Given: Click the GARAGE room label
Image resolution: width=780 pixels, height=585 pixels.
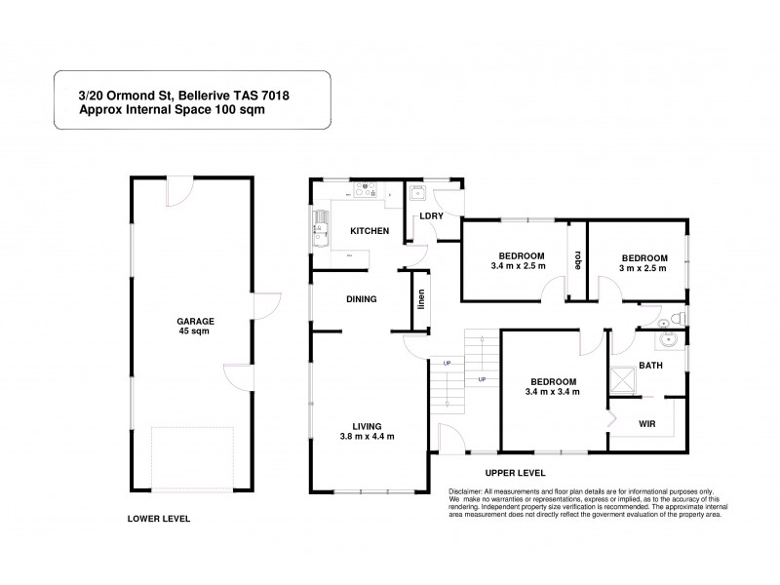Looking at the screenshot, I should tap(195, 321).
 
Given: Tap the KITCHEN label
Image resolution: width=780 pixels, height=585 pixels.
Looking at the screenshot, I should tap(370, 231).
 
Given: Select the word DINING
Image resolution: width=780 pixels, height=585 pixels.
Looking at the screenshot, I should tap(361, 299).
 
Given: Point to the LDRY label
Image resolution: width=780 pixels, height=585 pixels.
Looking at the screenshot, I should tap(431, 215).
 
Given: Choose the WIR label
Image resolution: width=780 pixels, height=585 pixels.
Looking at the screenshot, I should tap(646, 424).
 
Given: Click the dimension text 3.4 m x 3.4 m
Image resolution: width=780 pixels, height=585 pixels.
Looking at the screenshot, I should tap(552, 392).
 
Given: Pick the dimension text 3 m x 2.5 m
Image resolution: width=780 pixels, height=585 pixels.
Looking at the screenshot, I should tap(643, 269).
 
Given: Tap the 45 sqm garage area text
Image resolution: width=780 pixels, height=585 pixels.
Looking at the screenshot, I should tap(195, 331).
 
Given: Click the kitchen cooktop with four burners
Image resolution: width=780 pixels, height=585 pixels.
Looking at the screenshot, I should tap(365, 192).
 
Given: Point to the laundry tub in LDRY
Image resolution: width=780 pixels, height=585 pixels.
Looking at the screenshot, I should tap(416, 192).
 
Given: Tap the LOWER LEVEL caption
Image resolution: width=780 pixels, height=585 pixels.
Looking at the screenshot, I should tap(159, 520).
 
